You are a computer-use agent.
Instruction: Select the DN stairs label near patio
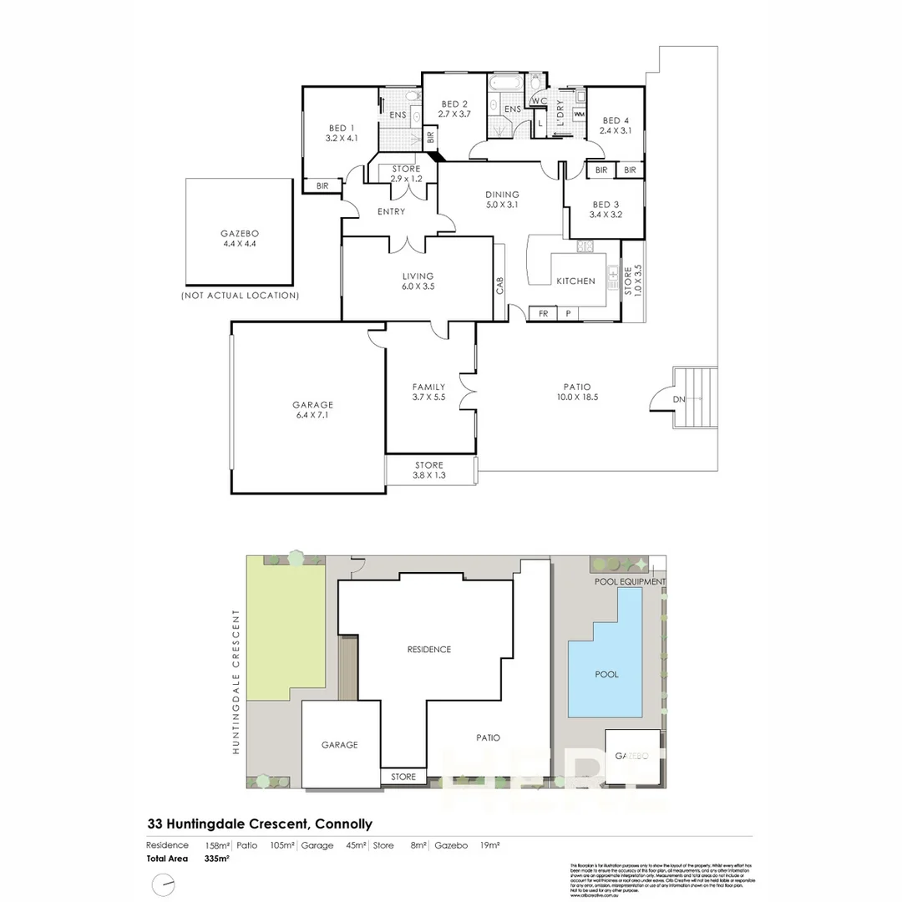point(679,399)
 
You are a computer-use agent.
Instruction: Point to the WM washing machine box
point(579,114)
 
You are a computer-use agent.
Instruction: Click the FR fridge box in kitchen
point(543,314)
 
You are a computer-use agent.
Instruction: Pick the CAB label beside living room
point(499,286)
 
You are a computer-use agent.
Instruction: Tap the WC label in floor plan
point(539,101)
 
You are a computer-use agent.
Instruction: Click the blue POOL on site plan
point(606,673)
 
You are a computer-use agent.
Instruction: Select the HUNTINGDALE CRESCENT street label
point(236,682)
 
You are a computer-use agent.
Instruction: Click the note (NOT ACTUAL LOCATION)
point(240,296)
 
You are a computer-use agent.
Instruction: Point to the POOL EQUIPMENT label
point(630,581)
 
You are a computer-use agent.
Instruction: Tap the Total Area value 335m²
point(216,859)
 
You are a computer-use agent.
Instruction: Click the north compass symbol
point(165,884)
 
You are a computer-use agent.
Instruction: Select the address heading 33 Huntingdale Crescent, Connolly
point(259,823)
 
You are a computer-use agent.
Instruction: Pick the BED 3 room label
point(606,210)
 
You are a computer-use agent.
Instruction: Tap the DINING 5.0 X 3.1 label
point(502,200)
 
